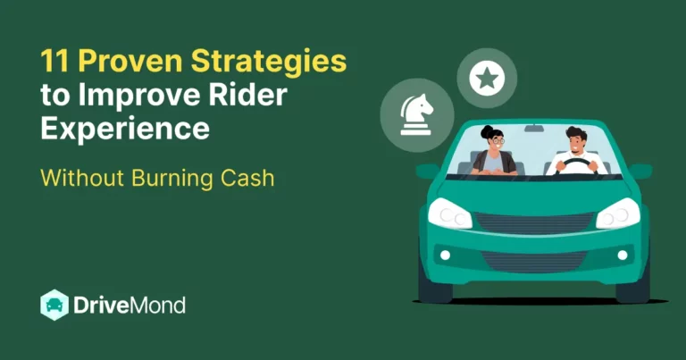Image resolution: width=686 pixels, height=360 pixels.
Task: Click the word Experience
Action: [x=125, y=129]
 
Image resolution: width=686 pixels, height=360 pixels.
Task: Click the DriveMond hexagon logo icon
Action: [x=54, y=306]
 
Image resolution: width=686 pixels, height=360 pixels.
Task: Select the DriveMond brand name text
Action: [x=130, y=306]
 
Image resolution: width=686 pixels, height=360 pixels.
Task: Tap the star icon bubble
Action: [x=487, y=79]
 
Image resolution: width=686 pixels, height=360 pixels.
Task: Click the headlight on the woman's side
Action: [x=449, y=214]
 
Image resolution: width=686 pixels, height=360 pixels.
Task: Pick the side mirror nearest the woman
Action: [x=428, y=171]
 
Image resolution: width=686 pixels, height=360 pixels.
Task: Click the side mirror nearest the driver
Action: [x=640, y=170]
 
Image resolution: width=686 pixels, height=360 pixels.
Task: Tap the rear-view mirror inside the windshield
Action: [x=534, y=128]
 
